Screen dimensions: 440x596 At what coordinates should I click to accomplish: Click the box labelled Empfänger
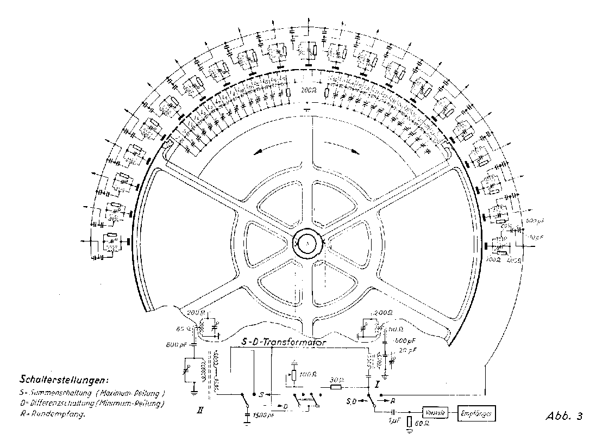pyautogui.click(x=476, y=413)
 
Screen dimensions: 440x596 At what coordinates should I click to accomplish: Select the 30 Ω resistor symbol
pyautogui.click(x=335, y=388)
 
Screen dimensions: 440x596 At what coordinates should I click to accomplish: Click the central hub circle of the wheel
pyautogui.click(x=308, y=243)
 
